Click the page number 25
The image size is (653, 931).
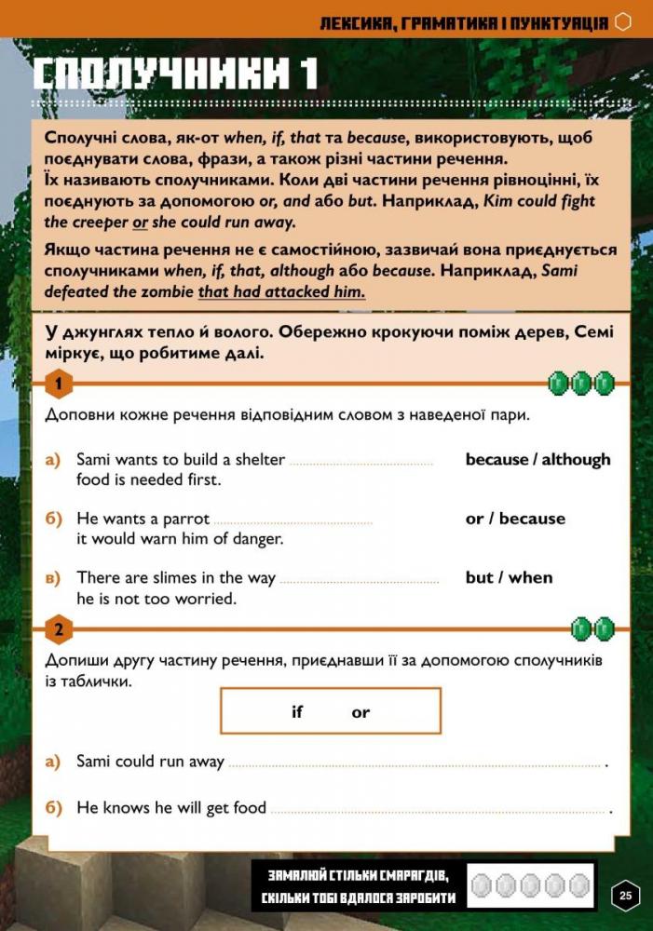pyautogui.click(x=625, y=896)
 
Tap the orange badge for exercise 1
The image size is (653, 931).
pyautogui.click(x=59, y=384)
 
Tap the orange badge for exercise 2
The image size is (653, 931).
pyautogui.click(x=59, y=630)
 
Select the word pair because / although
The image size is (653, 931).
pyautogui.click(x=537, y=459)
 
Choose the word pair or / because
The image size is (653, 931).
pyautogui.click(x=515, y=519)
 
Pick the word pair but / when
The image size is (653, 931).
pyautogui.click(x=509, y=577)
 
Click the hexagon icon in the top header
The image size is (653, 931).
pyautogui.click(x=624, y=21)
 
